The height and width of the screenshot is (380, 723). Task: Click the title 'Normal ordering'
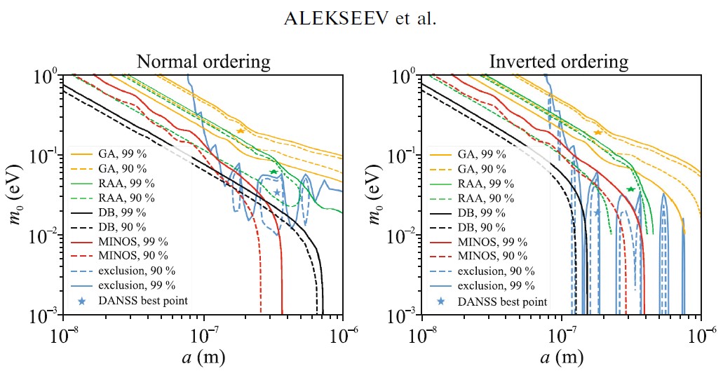pyautogui.click(x=203, y=61)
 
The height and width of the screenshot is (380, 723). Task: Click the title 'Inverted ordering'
pyautogui.click(x=559, y=61)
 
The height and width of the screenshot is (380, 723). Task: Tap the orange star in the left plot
pyautogui.click(x=241, y=131)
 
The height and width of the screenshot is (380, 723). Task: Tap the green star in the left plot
pyautogui.click(x=273, y=172)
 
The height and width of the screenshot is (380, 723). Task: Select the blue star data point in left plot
pyautogui.click(x=277, y=192)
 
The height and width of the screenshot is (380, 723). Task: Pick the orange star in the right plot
pyautogui.click(x=598, y=133)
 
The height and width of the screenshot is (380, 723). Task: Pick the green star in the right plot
pyautogui.click(x=631, y=189)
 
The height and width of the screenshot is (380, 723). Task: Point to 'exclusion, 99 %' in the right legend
pyautogui.click(x=496, y=286)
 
